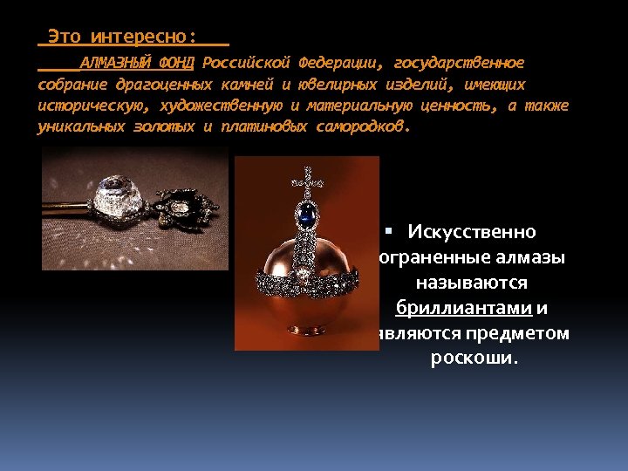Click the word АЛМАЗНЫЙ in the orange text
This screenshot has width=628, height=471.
tap(116, 63)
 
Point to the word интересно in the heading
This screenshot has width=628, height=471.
tap(139, 37)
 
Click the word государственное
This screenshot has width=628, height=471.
tap(459, 63)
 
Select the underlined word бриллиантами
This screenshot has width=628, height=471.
tap(463, 309)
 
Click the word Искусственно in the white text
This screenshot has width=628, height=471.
tap(472, 233)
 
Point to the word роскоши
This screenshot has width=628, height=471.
tap(474, 358)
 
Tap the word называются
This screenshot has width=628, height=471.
tap(472, 283)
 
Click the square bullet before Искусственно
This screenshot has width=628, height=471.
tap(389, 231)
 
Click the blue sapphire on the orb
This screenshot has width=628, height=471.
tap(306, 214)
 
